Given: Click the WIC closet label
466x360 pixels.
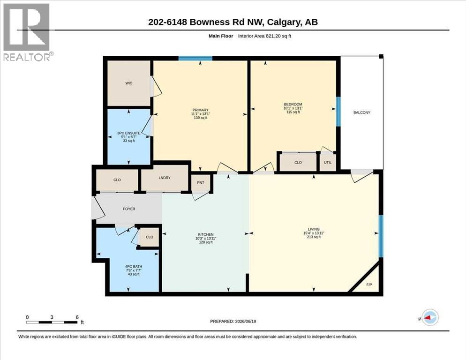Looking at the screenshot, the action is (x=128, y=83).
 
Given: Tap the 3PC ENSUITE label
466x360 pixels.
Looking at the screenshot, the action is (x=128, y=133).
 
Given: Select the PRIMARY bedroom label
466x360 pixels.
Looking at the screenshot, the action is (x=200, y=110).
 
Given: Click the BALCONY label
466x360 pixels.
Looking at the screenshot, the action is (x=361, y=112).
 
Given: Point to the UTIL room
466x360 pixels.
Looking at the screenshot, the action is (x=328, y=162).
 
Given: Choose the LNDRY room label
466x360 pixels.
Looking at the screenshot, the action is (x=165, y=178).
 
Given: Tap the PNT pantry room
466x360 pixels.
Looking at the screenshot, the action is (x=201, y=182).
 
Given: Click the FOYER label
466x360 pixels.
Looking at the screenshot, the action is (x=129, y=209).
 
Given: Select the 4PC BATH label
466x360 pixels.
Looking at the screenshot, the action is (x=134, y=267).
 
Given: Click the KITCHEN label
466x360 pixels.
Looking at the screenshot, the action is (x=206, y=234).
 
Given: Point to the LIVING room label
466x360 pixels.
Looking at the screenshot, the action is (x=314, y=229).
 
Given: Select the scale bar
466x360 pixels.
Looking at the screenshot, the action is (x=52, y=322).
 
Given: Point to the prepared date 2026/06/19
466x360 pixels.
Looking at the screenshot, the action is (x=245, y=322).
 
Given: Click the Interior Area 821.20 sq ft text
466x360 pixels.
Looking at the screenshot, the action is (x=264, y=36).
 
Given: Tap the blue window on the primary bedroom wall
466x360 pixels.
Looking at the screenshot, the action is (x=195, y=58).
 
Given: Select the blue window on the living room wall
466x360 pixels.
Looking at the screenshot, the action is (x=381, y=236).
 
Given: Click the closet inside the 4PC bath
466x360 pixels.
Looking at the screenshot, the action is (x=149, y=237).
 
